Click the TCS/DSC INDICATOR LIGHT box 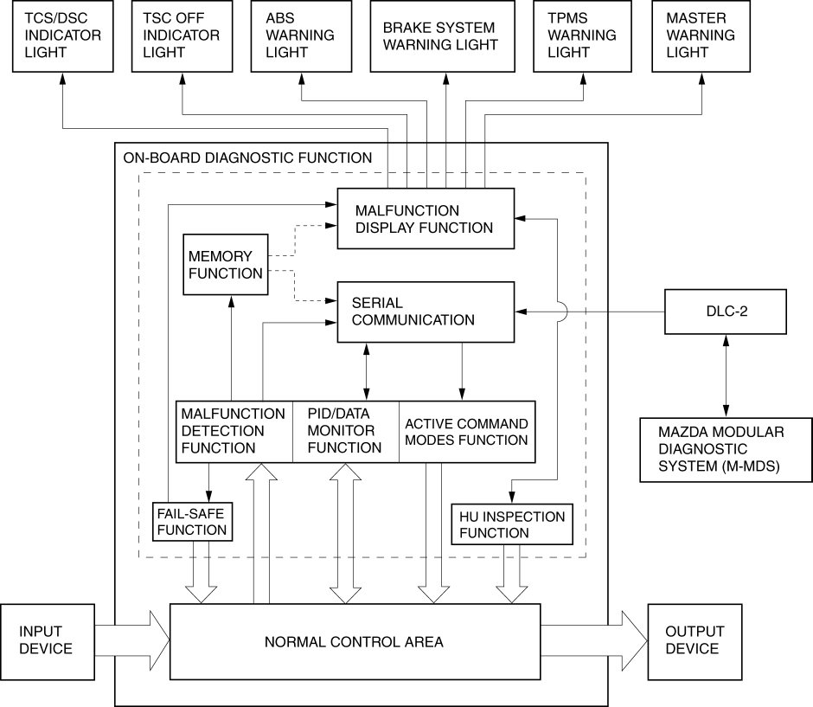pos(63,36)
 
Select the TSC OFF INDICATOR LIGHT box pos(182,36)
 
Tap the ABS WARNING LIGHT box pos(300,36)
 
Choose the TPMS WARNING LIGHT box pos(581,36)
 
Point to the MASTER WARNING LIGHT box pos(700,36)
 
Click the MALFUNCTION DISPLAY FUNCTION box pos(425,219)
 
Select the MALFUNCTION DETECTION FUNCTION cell pos(234,431)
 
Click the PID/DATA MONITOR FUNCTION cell pos(345,431)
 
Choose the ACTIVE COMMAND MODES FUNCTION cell pos(466,431)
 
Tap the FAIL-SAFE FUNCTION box pos(192,521)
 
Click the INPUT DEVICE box pos(46,641)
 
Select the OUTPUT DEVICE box pos(694,641)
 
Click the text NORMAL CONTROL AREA pos(354,642)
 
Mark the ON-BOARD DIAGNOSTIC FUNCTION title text pos(248,158)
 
